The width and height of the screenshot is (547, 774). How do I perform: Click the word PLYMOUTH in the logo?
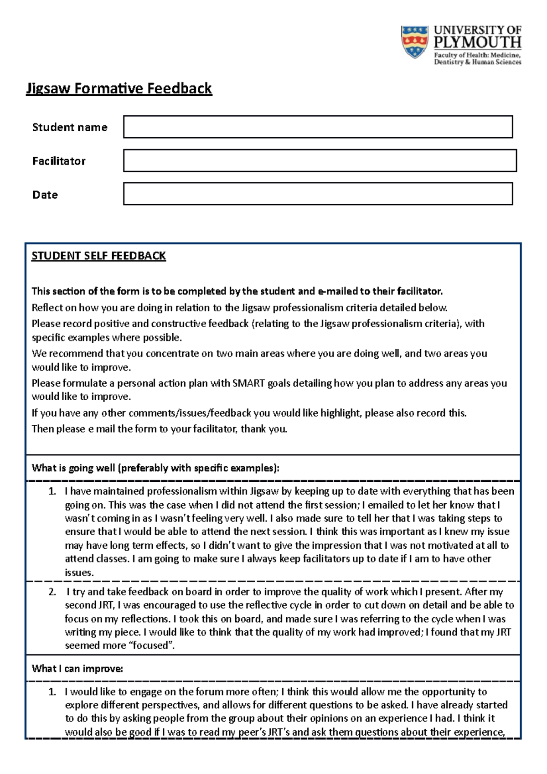pos(477,43)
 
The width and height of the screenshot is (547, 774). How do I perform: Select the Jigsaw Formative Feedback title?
pos(119,88)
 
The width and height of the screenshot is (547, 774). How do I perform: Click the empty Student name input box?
pos(318,127)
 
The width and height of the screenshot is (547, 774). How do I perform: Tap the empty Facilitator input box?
pos(320,160)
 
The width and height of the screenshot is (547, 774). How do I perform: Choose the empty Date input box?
pos(318,194)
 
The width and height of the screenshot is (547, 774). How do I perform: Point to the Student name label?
pos(70,127)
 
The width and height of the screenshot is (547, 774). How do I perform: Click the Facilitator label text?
pos(59,161)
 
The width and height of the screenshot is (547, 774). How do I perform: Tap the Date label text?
pos(45,195)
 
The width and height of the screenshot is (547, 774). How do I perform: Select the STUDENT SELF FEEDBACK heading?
pos(98,256)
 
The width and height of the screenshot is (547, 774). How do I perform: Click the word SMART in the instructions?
pos(248,383)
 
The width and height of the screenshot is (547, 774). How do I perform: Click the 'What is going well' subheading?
pos(155,468)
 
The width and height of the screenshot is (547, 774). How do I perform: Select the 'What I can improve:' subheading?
pos(77,669)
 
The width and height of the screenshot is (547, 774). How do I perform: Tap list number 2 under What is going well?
pos(52,592)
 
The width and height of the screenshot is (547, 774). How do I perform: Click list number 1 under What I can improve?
pos(52,692)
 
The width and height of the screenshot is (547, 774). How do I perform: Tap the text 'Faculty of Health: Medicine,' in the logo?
pos(477,55)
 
